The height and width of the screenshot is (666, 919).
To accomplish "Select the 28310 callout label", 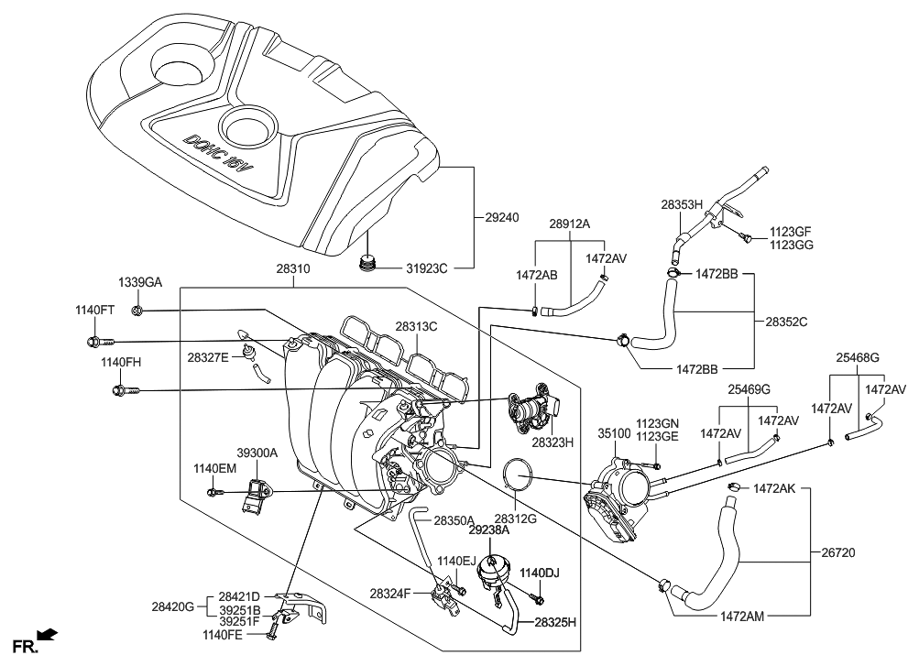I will (x=292, y=271).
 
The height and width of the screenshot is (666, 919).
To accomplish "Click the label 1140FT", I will (x=94, y=311).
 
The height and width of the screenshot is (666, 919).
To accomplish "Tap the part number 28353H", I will (x=681, y=205).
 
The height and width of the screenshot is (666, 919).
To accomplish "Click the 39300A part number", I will (x=257, y=453).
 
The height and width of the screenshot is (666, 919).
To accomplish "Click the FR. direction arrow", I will (x=48, y=634).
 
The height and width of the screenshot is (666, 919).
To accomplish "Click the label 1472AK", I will (x=777, y=489).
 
